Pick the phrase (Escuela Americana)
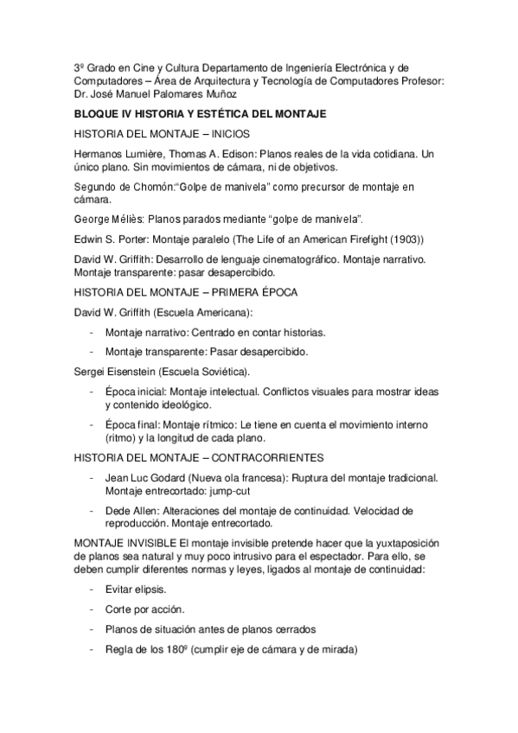click(x=198, y=312)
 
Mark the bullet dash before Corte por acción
click(x=92, y=609)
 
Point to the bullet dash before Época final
click(x=92, y=424)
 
